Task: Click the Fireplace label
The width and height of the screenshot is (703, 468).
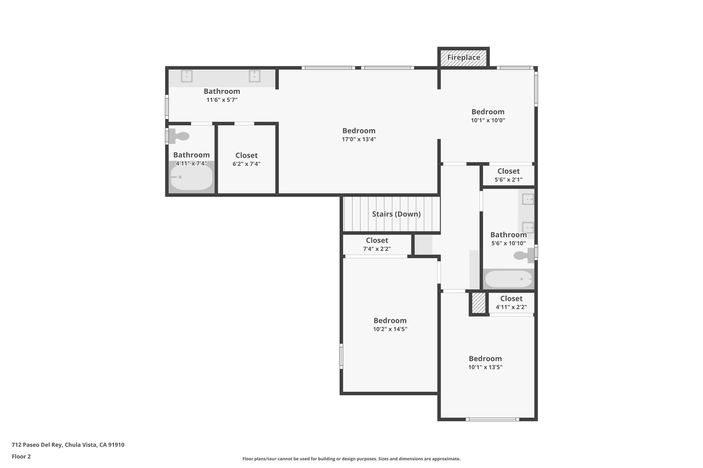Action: tap(463, 58)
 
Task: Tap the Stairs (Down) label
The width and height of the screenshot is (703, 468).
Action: tap(396, 214)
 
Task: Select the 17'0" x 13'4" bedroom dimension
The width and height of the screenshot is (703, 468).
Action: tap(359, 139)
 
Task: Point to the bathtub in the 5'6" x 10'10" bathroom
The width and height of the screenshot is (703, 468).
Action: tap(508, 279)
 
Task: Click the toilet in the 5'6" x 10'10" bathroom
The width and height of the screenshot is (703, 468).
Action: tap(524, 255)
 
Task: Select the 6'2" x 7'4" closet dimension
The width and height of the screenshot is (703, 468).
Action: tap(246, 164)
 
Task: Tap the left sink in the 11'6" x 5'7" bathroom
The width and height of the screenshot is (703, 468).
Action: tap(186, 76)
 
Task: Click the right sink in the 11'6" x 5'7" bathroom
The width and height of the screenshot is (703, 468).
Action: tap(254, 76)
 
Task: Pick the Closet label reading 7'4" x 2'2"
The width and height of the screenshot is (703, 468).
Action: tap(377, 240)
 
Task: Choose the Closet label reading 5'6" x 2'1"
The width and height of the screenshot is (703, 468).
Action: tap(508, 171)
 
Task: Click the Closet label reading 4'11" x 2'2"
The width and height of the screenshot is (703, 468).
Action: tap(511, 299)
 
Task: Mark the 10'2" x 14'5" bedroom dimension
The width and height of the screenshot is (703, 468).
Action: tap(390, 329)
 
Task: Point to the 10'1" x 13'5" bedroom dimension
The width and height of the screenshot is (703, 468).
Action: tap(485, 367)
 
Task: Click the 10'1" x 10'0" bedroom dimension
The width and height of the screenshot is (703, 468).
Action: tap(488, 120)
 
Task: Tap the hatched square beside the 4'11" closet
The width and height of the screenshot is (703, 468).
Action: tap(479, 303)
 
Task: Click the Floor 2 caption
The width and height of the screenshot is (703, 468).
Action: tap(21, 456)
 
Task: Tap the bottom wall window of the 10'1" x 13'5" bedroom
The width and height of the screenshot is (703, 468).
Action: tap(492, 419)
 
